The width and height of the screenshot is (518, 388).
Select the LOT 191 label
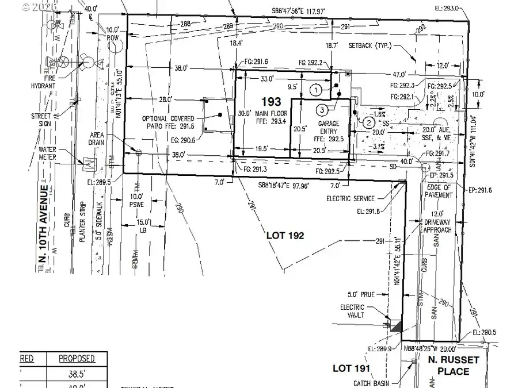(352, 368)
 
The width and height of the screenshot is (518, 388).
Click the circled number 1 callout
(315, 89)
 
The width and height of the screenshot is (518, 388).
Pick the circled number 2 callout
(369, 121)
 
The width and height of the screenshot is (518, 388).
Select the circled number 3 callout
(322, 109)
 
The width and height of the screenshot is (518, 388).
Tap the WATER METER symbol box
(89, 163)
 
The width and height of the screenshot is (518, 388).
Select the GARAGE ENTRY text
(333, 128)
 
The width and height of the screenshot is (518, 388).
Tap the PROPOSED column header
(77, 359)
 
